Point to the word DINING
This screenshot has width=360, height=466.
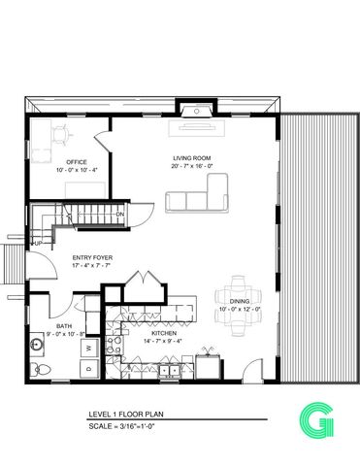tap(240, 302)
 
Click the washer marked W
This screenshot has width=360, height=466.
tap(87, 347)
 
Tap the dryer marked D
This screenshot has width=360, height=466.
tap(87, 368)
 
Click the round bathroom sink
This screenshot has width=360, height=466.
tap(38, 343)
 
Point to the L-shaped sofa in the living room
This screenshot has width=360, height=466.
tap(198, 196)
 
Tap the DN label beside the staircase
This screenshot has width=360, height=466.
tap(120, 214)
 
